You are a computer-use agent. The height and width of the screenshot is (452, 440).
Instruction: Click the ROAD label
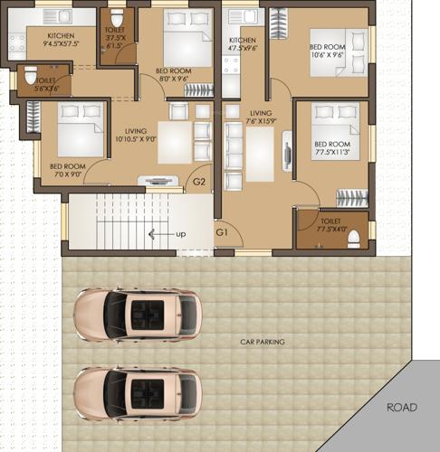(x=402, y=408)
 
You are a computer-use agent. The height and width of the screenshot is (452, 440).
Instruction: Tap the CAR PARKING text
(x=262, y=342)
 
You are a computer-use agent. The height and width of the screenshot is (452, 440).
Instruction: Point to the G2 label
(x=199, y=184)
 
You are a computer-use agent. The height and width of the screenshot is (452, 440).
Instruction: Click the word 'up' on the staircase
(x=181, y=234)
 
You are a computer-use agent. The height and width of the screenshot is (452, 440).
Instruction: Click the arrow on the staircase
(x=158, y=234)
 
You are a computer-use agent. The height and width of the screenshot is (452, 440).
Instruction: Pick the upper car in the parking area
(x=137, y=315)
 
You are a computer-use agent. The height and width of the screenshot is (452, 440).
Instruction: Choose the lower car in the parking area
(x=137, y=392)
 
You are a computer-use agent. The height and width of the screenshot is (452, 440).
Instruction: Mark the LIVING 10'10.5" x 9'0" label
(x=137, y=136)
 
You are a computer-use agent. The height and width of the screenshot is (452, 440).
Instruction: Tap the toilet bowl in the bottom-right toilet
(x=353, y=238)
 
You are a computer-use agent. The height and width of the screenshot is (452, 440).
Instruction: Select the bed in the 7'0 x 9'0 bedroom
(x=80, y=129)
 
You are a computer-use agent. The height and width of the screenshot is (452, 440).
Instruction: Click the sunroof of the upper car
(x=145, y=315)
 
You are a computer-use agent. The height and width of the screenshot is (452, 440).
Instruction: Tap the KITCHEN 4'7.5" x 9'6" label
(x=242, y=45)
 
